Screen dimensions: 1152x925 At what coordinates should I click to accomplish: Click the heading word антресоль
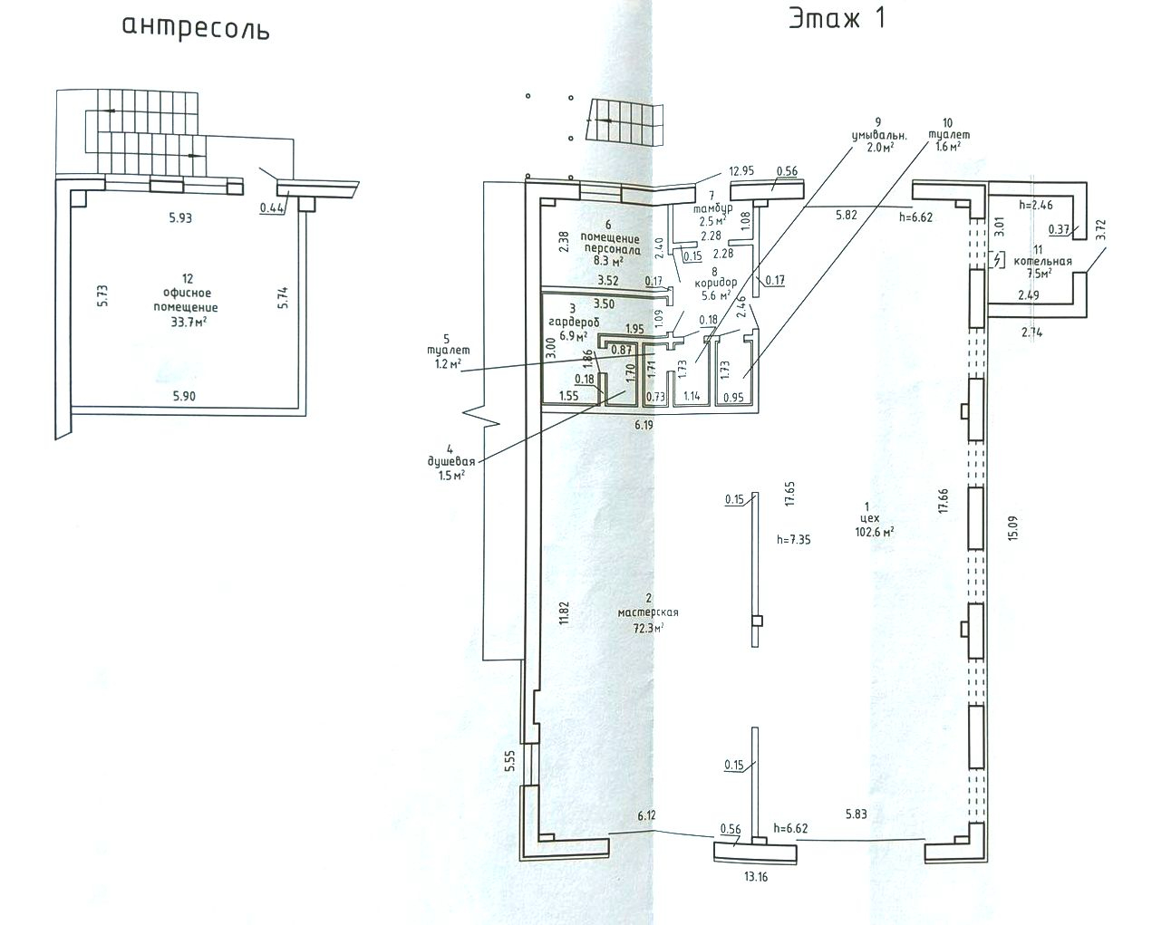[196, 28]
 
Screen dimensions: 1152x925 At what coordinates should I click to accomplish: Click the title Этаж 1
[837, 19]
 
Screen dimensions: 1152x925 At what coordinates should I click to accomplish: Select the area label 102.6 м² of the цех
[875, 532]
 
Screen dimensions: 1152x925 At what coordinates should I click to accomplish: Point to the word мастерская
[648, 612]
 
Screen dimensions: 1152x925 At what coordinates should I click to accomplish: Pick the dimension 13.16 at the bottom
[755, 877]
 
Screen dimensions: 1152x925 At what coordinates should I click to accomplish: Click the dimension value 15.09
[1012, 528]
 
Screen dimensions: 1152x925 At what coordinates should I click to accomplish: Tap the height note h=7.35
[793, 540]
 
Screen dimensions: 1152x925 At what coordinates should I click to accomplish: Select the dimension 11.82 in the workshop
[563, 613]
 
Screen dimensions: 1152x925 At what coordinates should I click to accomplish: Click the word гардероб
[574, 323]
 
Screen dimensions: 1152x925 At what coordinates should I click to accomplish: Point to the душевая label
[451, 461]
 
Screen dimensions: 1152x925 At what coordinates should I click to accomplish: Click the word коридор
[716, 283]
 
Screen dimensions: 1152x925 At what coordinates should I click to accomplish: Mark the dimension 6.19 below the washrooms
[644, 425]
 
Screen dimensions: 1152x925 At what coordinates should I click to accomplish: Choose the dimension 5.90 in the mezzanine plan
[184, 396]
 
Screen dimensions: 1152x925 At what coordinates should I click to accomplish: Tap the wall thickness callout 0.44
[271, 207]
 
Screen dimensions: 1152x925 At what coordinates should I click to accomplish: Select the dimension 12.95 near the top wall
[741, 170]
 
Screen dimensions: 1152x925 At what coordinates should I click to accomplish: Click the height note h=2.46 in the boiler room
[1035, 205]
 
